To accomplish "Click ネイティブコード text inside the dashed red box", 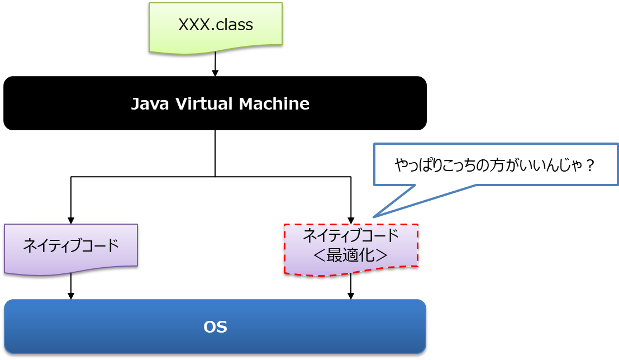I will (351, 235).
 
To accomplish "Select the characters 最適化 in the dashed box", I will (351, 255).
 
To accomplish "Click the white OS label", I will (215, 327).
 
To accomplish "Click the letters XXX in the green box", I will (195, 25).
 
